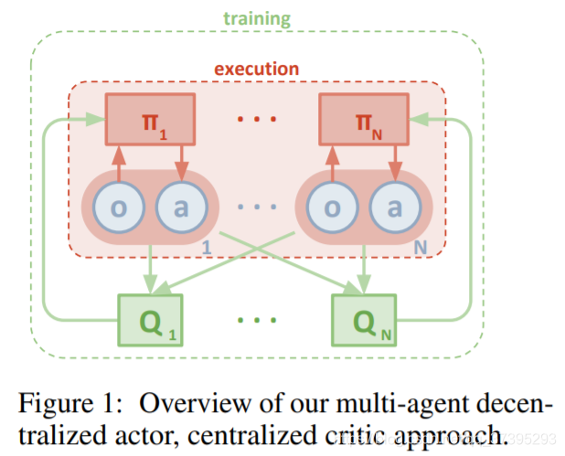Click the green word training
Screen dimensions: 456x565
coord(257,17)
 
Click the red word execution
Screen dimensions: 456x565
coord(257,69)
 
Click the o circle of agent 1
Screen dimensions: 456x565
coord(118,208)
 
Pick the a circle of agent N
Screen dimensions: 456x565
coord(394,208)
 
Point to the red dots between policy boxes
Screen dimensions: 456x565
coord(257,120)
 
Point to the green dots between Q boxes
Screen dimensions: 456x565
coord(257,321)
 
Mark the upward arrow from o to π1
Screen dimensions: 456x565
coord(118,163)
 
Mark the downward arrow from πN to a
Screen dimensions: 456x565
coord(394,163)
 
